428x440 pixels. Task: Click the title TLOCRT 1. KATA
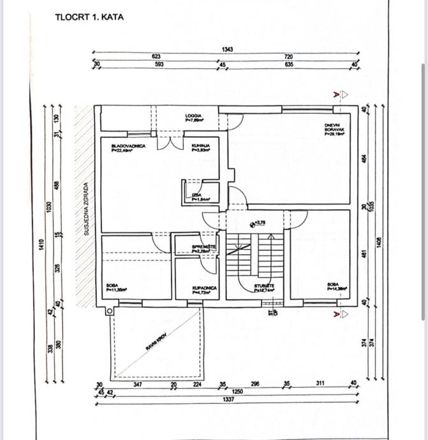pyautogui.click(x=89, y=17)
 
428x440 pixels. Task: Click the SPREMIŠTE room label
pyautogui.click(x=204, y=248)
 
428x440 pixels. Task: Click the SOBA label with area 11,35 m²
pyautogui.click(x=116, y=288)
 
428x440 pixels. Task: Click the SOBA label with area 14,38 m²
pyautogui.click(x=336, y=287)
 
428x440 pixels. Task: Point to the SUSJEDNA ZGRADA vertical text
pyautogui.click(x=86, y=209)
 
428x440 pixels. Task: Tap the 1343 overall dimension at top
pyautogui.click(x=228, y=49)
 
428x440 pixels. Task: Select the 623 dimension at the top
pyautogui.click(x=156, y=57)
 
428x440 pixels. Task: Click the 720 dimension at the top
pyautogui.click(x=288, y=57)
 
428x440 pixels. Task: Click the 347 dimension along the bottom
pyautogui.click(x=137, y=384)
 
